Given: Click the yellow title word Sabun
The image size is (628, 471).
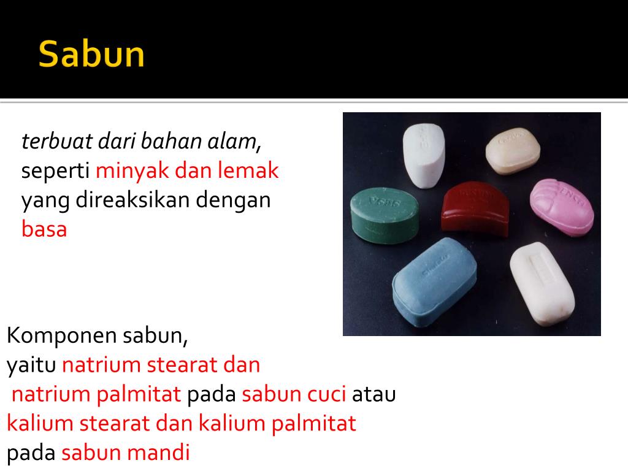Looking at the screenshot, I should coord(91,55).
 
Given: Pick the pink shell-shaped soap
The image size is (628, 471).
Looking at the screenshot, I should coord(561,207).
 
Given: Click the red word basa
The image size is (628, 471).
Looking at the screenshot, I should coord(44,229).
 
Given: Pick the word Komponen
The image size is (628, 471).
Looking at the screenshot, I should coord(62,336).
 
